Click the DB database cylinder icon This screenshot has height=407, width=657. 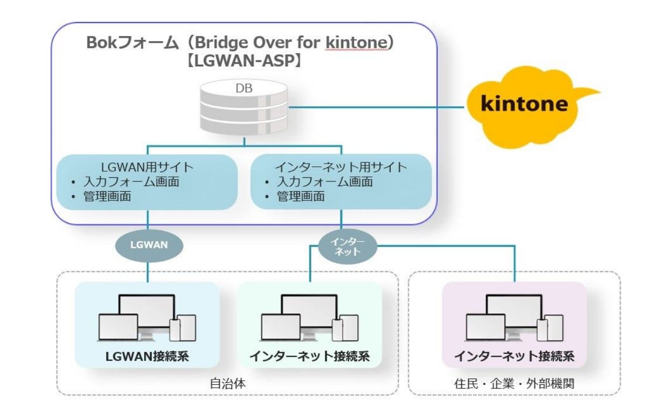click(244, 107)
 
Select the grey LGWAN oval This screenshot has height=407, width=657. click(149, 245)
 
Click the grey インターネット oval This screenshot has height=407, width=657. click(347, 247)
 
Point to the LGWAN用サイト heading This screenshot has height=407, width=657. click(147, 167)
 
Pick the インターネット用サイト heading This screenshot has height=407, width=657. click(341, 167)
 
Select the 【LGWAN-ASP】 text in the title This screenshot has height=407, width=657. click(244, 61)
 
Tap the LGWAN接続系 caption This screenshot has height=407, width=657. click(147, 356)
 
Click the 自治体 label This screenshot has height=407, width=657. click(228, 383)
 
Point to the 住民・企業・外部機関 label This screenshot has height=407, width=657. click(514, 383)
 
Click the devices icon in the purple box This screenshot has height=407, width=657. click(514, 318)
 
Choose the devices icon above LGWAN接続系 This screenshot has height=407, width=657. click(147, 318)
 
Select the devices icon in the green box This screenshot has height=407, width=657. click(309, 318)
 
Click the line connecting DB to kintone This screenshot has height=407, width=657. click(375, 107)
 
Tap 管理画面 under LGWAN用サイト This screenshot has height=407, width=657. click(107, 197)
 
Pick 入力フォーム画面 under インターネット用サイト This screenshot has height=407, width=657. click(325, 182)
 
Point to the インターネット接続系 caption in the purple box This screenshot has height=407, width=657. click(514, 356)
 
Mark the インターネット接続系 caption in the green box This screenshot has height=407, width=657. click(309, 356)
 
